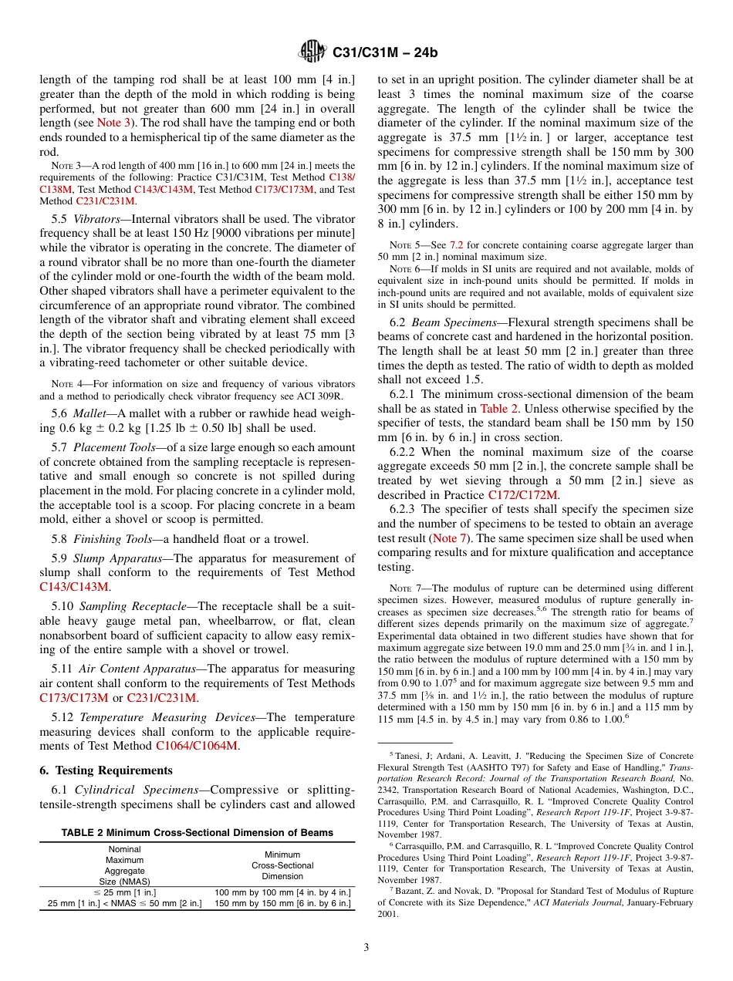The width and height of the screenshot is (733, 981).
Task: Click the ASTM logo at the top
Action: click(x=312, y=52)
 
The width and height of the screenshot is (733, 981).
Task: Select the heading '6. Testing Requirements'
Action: click(x=106, y=770)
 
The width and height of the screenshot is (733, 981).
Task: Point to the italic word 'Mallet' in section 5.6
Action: click(x=89, y=413)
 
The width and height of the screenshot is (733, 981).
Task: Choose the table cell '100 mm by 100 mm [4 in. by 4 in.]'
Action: click(x=282, y=892)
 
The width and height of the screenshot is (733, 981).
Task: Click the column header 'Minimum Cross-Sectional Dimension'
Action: click(x=282, y=865)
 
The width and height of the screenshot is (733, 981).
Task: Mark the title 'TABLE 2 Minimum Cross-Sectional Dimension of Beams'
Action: click(x=198, y=832)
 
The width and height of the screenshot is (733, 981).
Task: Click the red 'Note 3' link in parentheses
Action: click(x=113, y=123)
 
